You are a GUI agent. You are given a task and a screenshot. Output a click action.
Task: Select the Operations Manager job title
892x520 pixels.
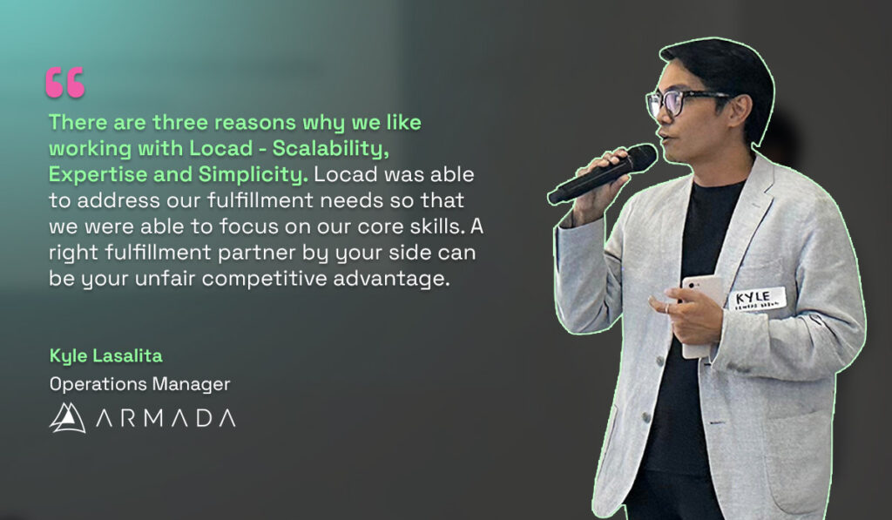pyautogui.click(x=139, y=383)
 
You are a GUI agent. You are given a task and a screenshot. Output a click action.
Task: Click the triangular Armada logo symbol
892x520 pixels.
pyautogui.click(x=67, y=418)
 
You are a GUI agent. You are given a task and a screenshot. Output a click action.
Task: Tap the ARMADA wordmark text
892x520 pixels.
pyautogui.click(x=166, y=419)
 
